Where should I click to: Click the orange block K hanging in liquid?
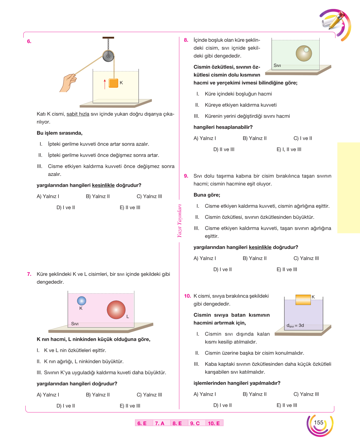tap(114, 83)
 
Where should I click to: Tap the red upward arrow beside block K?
tap(105, 84)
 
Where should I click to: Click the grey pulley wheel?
tap(108, 56)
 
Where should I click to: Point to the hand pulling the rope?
tap(68, 83)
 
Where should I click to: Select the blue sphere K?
tap(82, 301)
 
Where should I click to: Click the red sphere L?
tap(116, 310)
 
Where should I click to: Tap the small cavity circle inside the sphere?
tap(306, 50)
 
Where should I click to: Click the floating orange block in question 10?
tap(303, 300)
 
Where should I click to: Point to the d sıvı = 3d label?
tap(295, 325)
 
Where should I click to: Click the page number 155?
tap(318, 422)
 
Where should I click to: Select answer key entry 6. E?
tap(142, 423)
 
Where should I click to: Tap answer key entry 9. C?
tap(195, 423)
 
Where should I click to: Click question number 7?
tap(29, 274)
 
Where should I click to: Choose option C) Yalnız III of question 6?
tap(149, 196)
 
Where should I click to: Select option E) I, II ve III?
tap(289, 149)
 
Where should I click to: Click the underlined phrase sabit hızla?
tap(78, 114)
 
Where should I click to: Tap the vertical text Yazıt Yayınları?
tap(179, 221)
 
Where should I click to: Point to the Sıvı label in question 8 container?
tap(277, 65)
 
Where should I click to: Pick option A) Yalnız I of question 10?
tap(205, 394)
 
